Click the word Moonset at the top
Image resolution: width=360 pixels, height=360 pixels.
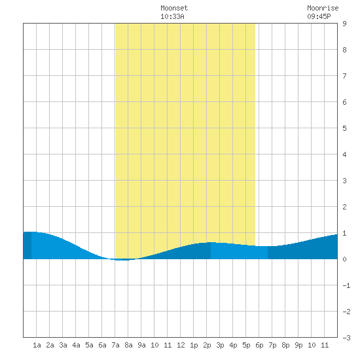(x=174, y=8)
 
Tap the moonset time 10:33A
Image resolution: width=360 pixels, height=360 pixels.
(x=172, y=16)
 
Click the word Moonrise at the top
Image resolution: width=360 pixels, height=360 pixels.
(x=323, y=8)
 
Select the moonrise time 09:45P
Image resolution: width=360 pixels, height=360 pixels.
(x=319, y=16)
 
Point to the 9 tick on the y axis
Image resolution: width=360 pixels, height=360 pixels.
(x=344, y=24)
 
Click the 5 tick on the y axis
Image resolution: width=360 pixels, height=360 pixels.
(x=344, y=128)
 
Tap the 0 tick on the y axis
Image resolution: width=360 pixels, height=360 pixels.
(x=344, y=259)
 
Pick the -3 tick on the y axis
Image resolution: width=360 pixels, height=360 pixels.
(x=346, y=338)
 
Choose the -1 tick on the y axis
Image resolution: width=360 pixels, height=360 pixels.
(x=346, y=285)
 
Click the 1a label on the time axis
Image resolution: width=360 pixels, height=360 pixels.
(x=37, y=345)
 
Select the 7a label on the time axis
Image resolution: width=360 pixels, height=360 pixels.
(x=115, y=345)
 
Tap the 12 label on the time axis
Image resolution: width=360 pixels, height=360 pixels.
(x=181, y=345)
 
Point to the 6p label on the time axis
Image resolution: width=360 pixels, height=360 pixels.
(x=259, y=345)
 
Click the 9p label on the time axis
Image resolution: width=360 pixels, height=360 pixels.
(x=298, y=345)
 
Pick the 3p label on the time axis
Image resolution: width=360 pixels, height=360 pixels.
(x=220, y=345)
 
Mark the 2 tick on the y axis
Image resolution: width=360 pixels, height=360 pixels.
(x=344, y=207)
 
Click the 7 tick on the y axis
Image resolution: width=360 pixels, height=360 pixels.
(x=344, y=76)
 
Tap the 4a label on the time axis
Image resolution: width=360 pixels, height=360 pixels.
(x=76, y=345)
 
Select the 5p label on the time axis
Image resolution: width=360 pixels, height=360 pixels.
(x=246, y=345)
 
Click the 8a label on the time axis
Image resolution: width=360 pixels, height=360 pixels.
(x=128, y=345)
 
